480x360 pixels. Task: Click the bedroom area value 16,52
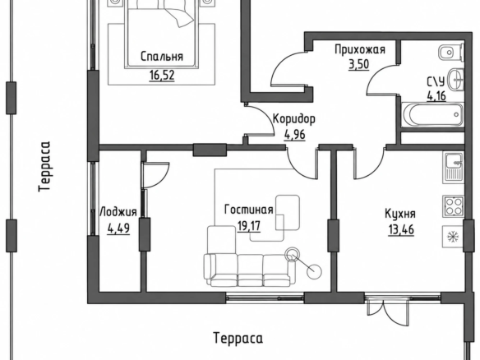[162, 75]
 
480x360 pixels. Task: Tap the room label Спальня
[162, 57]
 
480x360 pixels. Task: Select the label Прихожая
[360, 49]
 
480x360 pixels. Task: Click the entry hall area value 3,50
[359, 64]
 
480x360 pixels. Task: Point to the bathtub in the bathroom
[433, 114]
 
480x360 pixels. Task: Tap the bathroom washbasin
[456, 80]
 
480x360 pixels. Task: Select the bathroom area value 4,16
[436, 96]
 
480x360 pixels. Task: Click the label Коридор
[294, 119]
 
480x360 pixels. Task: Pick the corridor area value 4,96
[295, 135]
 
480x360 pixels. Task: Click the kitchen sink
[454, 168]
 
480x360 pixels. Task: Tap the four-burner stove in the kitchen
[454, 206]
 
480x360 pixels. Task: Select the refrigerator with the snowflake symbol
[453, 237]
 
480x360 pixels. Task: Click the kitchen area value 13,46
[401, 229]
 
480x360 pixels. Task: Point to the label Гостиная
[248, 210]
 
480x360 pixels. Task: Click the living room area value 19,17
[249, 227]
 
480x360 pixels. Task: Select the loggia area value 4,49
[118, 228]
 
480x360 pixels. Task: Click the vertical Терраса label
[44, 166]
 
